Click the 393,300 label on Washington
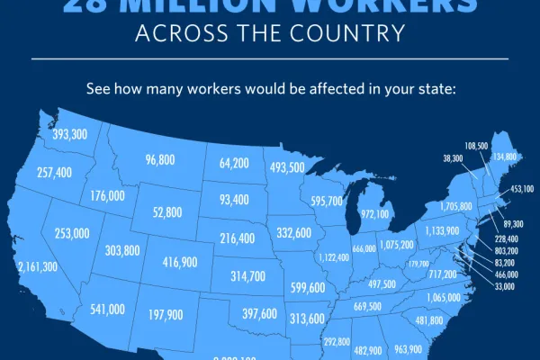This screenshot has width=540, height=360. click(x=70, y=134)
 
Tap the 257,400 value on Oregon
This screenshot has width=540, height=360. click(x=55, y=172)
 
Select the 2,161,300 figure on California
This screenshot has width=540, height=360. click(x=37, y=267)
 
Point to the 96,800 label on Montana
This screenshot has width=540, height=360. click(x=159, y=160)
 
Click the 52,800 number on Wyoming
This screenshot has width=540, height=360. click(x=167, y=212)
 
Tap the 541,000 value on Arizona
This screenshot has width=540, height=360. click(x=107, y=309)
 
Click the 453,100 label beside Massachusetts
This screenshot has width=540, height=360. click(x=522, y=190)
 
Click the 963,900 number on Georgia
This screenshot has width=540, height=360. click(x=409, y=349)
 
